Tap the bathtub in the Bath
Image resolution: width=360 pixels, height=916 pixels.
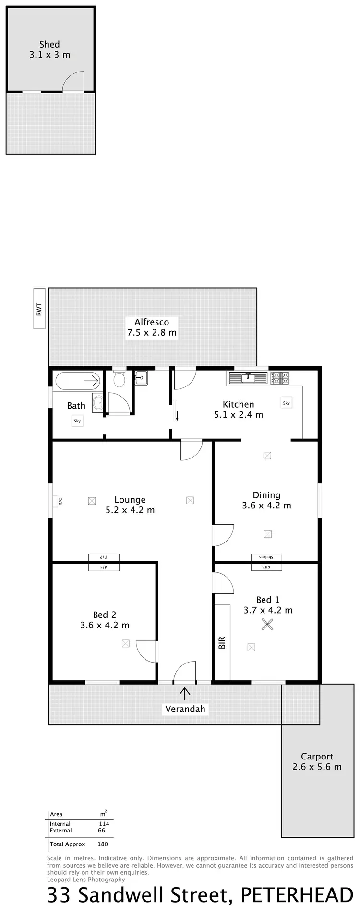pos(77,381)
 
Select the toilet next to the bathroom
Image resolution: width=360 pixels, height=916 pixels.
pos(119,379)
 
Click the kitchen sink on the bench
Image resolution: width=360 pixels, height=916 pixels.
pos(248,378)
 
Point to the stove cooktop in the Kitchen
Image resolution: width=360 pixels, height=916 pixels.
pos(279,378)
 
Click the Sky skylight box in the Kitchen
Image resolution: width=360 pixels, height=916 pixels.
pos(286,403)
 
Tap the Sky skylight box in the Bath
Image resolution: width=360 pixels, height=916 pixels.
pos(77,421)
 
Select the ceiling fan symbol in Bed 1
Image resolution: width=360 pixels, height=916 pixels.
pos(267,624)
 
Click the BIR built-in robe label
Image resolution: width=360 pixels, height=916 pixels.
pos(222,642)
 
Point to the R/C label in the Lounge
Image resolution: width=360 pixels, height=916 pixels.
pos(60,502)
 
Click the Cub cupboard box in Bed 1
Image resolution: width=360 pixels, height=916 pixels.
pos(266,566)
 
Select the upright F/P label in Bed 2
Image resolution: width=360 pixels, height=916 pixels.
pos(103,567)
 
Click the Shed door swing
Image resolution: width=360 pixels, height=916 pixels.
pos(75,81)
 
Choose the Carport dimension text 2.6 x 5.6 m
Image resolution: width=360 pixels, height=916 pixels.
pos(317,767)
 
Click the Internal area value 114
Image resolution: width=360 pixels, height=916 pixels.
pos(104,823)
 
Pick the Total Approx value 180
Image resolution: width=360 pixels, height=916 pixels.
pos(102,844)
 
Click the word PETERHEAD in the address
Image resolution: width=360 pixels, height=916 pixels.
pos(297,895)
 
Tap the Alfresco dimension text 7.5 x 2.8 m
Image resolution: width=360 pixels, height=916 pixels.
pos(152,332)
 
